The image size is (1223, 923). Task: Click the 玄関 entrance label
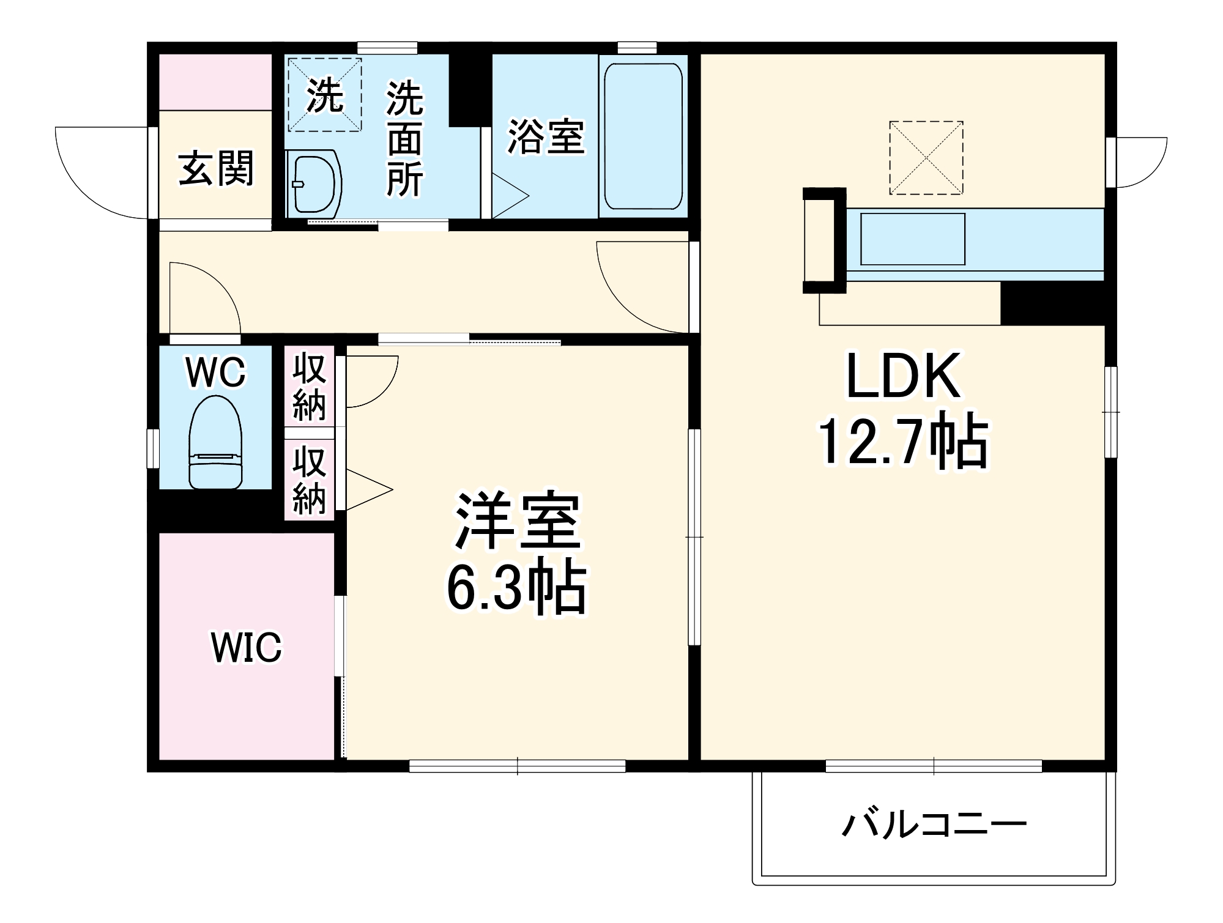215,169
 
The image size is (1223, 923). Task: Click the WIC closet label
246,647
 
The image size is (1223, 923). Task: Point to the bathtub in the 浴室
643,136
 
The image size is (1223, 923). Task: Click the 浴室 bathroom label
546,136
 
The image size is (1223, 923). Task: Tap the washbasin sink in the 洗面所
313,184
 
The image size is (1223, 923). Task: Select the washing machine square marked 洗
324,95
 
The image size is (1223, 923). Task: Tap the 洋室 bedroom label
517,521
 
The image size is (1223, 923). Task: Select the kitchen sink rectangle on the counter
912,239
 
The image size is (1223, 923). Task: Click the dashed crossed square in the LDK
926,158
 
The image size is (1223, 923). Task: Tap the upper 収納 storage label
309,387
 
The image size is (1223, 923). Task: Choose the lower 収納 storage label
309,480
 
